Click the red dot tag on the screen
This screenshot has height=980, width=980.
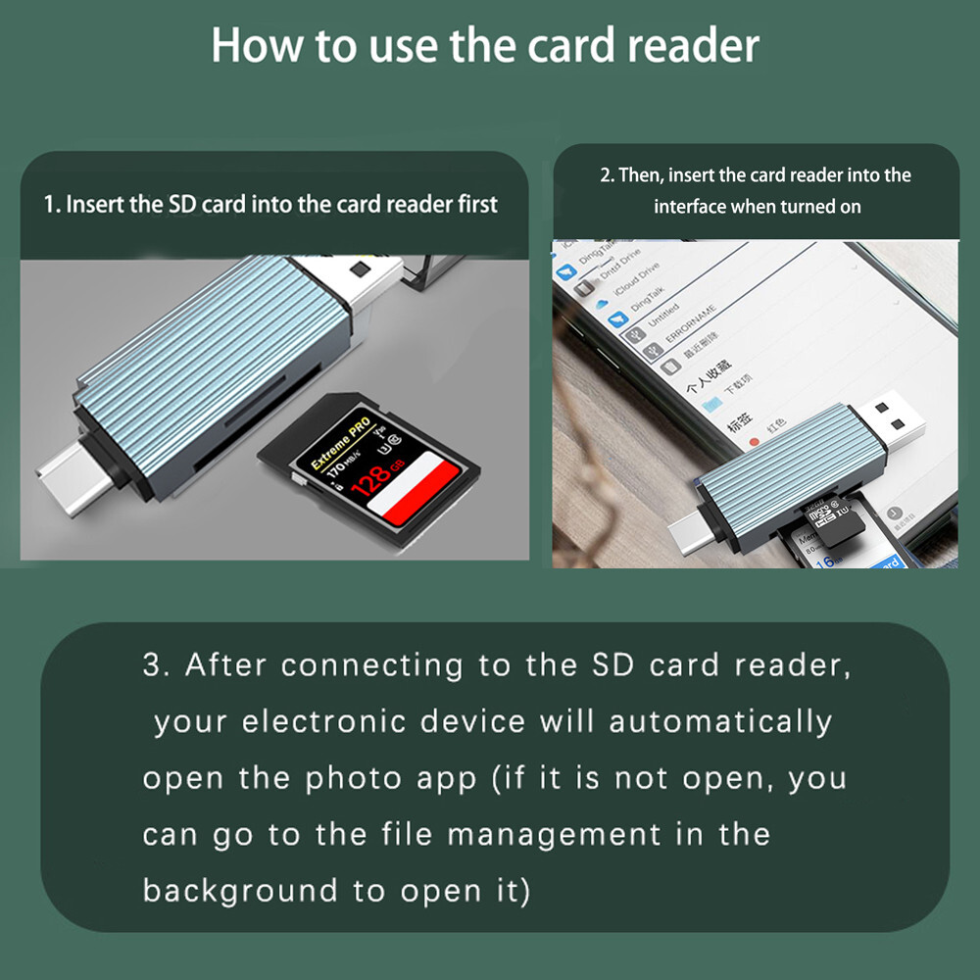(x=755, y=444)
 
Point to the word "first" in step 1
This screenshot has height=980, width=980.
(x=473, y=205)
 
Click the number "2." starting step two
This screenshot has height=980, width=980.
(x=607, y=175)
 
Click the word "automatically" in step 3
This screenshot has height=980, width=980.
(x=720, y=721)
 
